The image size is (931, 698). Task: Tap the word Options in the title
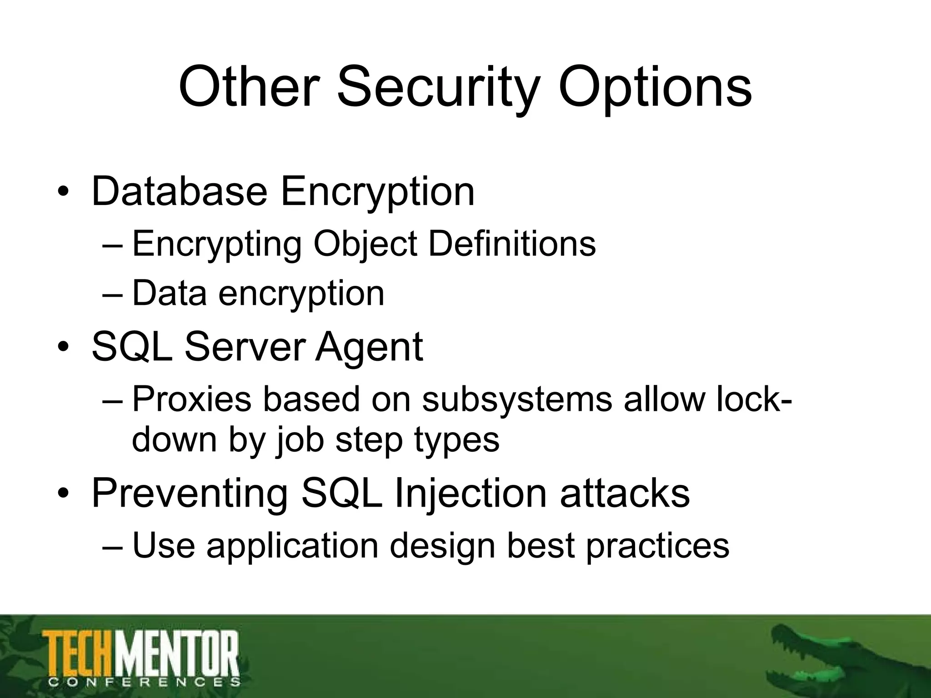(x=655, y=87)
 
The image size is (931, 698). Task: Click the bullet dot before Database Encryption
(x=63, y=193)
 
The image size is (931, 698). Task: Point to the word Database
(x=179, y=192)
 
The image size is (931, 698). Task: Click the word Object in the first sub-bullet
(x=365, y=244)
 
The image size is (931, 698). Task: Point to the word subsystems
(x=517, y=399)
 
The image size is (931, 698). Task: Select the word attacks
(x=625, y=494)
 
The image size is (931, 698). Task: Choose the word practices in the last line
(x=657, y=545)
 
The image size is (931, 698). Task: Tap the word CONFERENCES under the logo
(x=144, y=682)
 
